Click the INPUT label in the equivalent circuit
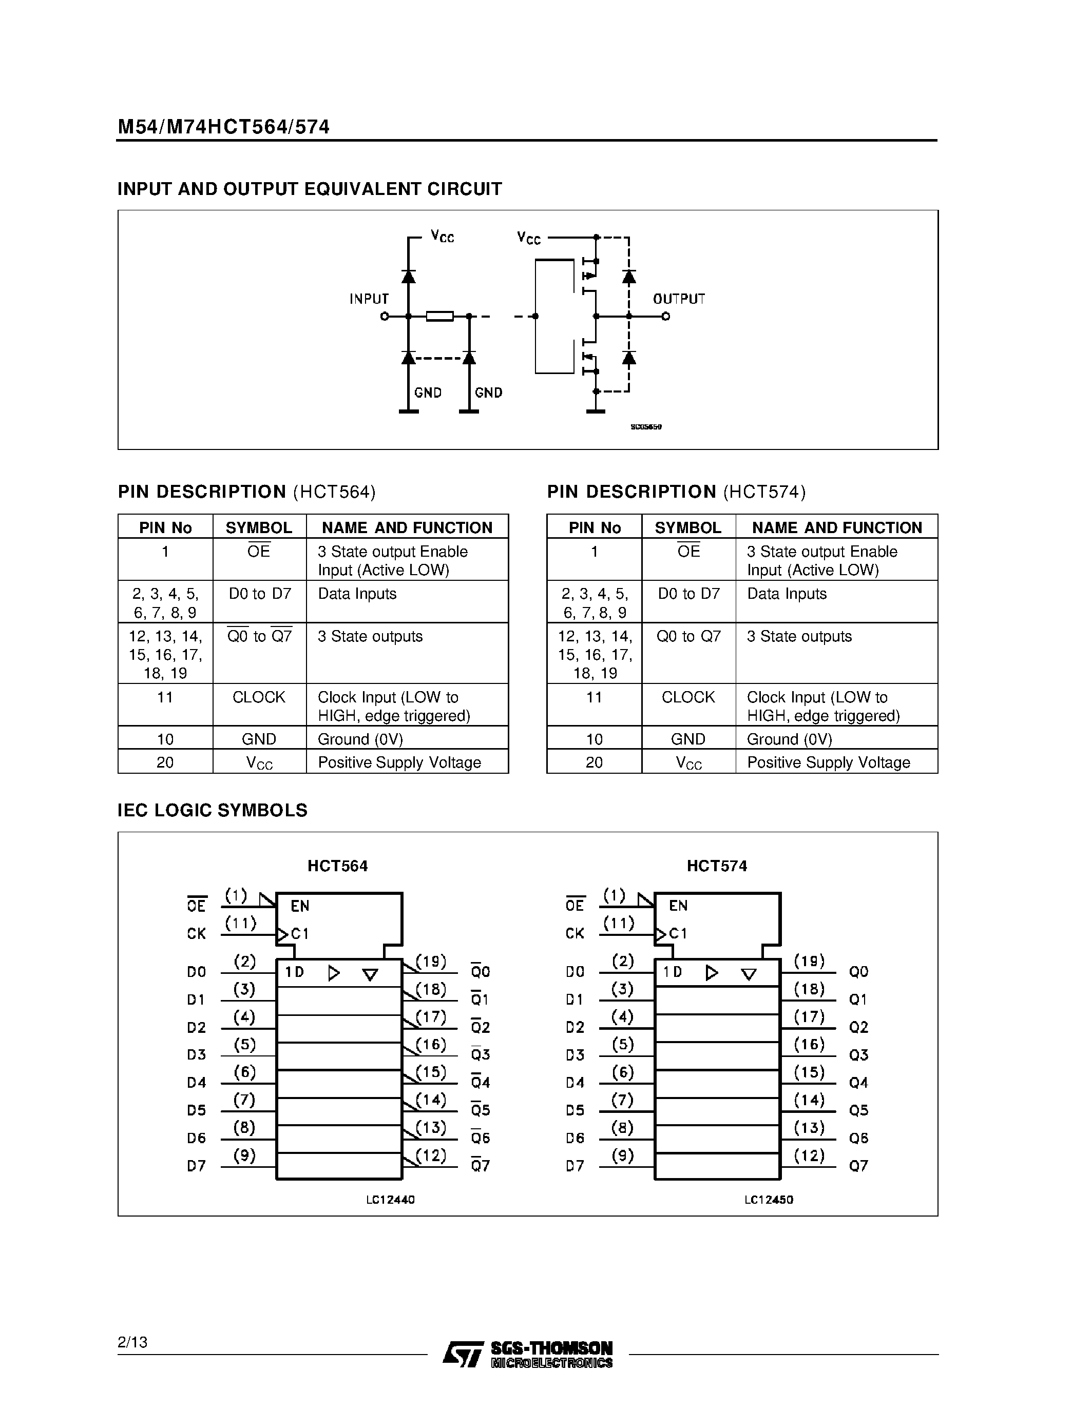pos(369,299)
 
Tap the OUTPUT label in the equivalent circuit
pos(679,299)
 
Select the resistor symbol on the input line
pos(440,316)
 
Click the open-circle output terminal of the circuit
pos(666,316)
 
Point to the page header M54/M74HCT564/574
pos(224,127)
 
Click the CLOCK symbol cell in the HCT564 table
pos(259,697)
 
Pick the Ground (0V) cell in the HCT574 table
pos(789,739)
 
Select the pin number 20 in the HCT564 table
pos(165,762)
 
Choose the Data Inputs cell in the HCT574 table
pos(787,594)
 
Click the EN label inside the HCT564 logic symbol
pos(300,906)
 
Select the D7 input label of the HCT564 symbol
pos(197,1166)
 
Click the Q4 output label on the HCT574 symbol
pos(858,1083)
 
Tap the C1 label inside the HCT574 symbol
pos(678,933)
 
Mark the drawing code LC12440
pos(390,1199)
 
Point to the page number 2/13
pos(132,1342)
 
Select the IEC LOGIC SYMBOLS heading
pos(212,810)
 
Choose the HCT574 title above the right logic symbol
pos(717,866)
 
